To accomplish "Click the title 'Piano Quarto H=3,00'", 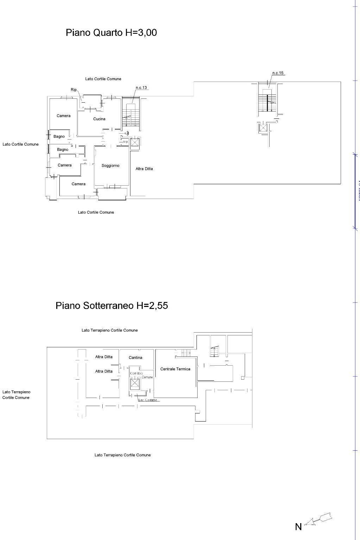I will click(111, 33).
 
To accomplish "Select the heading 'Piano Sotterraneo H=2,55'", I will click(111, 306).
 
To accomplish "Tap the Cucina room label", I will click(99, 119).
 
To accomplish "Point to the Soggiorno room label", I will click(110, 166).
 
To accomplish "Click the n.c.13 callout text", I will click(141, 88).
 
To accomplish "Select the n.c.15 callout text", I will click(277, 73).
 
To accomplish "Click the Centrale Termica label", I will click(175, 369).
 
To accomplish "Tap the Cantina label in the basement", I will click(135, 358).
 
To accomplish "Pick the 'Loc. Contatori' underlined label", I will click(148, 400).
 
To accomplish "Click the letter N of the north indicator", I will click(298, 527).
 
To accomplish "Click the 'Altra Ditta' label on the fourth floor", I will click(144, 169).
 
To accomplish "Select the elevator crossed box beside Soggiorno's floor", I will click(135, 142).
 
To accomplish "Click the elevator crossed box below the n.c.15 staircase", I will click(263, 127).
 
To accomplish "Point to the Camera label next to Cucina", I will click(64, 116).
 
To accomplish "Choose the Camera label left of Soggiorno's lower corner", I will click(78, 184).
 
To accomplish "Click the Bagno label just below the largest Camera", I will click(59, 136).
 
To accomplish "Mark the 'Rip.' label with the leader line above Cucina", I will click(74, 90).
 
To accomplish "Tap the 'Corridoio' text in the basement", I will click(136, 373).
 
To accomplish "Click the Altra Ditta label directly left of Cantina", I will click(104, 357).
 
